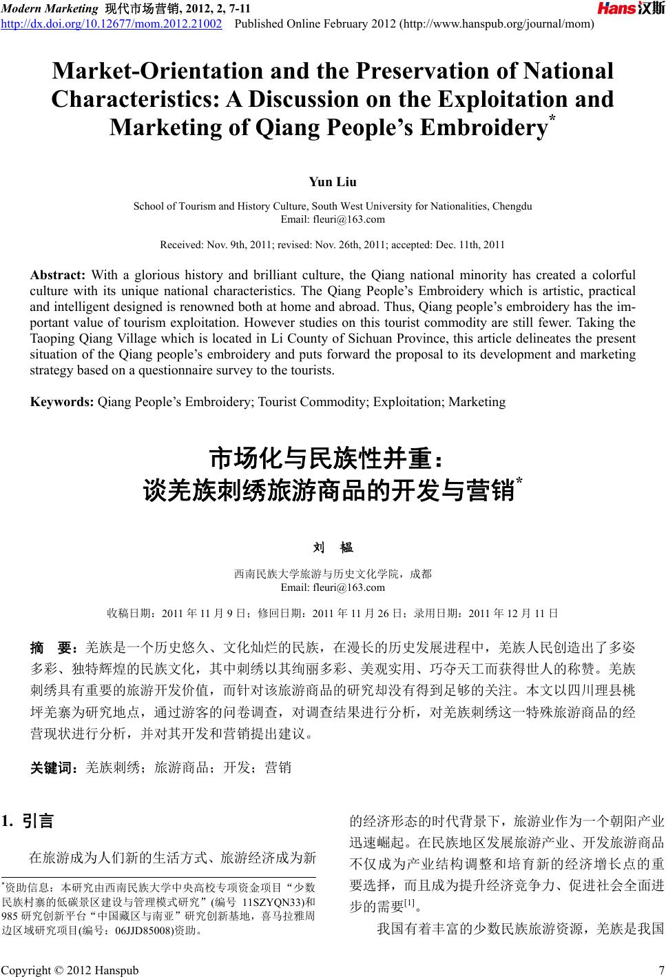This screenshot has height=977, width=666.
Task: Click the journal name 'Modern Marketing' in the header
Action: click(x=49, y=8)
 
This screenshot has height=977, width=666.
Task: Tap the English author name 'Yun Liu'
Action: click(x=333, y=182)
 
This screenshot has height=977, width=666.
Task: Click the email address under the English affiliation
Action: click(x=333, y=219)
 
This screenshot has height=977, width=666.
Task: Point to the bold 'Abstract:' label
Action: click(x=58, y=275)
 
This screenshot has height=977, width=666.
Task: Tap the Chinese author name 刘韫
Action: click(x=333, y=547)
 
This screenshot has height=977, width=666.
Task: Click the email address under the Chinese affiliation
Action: click(x=333, y=587)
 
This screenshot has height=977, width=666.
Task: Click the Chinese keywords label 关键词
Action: click(x=54, y=767)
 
